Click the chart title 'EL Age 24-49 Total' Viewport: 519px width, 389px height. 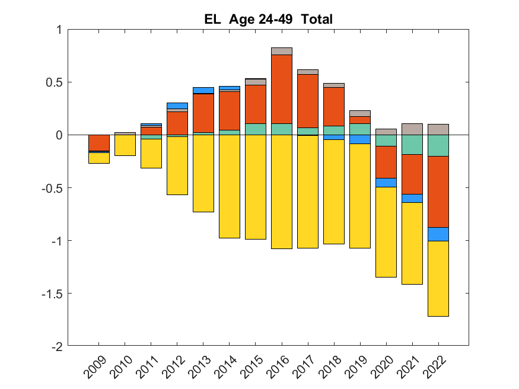pyautogui.click(x=268, y=20)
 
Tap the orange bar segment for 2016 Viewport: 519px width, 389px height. pyautogui.click(x=282, y=89)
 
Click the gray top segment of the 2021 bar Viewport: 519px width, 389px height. pyautogui.click(x=412, y=129)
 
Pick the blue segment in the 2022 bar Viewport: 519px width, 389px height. pyautogui.click(x=438, y=234)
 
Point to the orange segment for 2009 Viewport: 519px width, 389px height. pyautogui.click(x=98, y=143)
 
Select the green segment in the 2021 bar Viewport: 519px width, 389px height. pyautogui.click(x=412, y=145)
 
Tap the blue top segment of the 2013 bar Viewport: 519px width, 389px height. pyautogui.click(x=203, y=90)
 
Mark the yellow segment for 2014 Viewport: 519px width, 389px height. pyautogui.click(x=230, y=187)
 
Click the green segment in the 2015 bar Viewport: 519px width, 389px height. pyautogui.click(x=256, y=129)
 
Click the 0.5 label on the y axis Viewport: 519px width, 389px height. pyautogui.click(x=54, y=82)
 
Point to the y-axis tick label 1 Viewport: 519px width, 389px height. pyautogui.click(x=59, y=30)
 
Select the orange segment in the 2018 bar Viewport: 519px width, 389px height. pyautogui.click(x=334, y=107)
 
